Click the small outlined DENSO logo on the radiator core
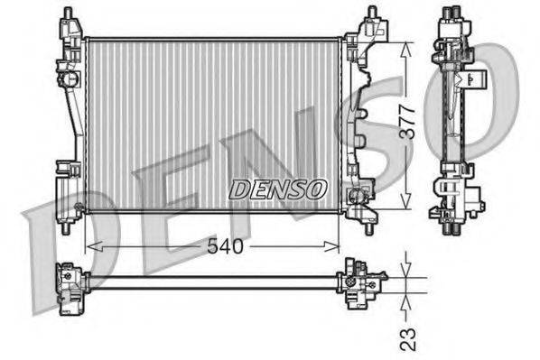pos(277,189)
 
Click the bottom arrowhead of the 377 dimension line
pos(410,204)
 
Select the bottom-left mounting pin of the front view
pos(66,226)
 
